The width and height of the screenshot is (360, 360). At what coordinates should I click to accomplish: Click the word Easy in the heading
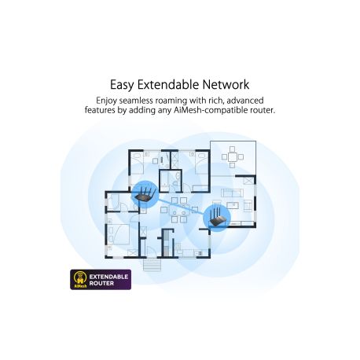122,85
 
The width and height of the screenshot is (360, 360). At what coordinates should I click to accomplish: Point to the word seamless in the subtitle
136,101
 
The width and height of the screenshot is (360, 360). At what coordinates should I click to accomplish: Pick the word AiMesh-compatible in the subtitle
211,110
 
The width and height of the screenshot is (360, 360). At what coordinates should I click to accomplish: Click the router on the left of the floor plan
145,194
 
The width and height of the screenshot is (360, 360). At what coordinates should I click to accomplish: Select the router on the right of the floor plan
217,218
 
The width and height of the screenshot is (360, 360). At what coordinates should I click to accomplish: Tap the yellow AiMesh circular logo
81,278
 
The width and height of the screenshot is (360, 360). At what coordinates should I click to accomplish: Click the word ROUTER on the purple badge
101,284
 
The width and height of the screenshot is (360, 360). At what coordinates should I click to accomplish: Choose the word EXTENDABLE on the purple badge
108,277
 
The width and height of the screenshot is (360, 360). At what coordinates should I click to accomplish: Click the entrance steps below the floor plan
152,265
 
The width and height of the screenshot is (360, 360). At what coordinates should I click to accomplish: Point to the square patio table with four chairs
232,157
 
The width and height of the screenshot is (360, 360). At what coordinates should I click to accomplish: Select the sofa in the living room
232,193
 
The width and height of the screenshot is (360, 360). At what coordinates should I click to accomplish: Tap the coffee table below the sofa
232,205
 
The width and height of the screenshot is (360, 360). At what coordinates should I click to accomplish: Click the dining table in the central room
179,210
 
